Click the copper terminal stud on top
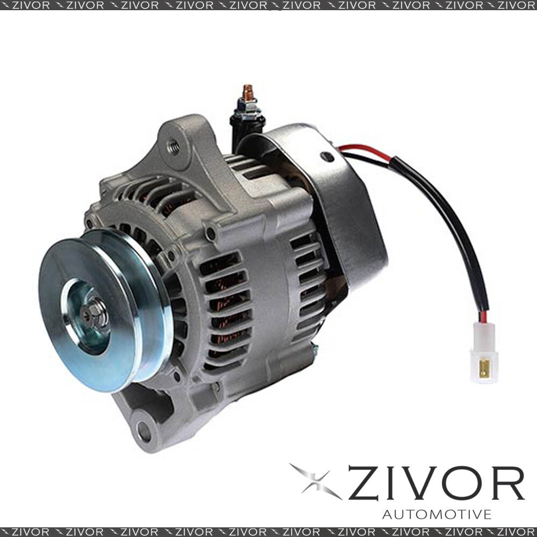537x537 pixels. tap(248, 91)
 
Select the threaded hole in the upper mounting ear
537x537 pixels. tap(173, 144)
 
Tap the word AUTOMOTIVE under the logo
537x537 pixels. tap(437, 514)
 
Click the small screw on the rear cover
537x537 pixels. tap(326, 157)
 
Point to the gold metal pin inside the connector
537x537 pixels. tap(484, 369)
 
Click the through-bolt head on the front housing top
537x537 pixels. tap(211, 233)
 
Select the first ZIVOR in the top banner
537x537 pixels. tap(30, 5)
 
